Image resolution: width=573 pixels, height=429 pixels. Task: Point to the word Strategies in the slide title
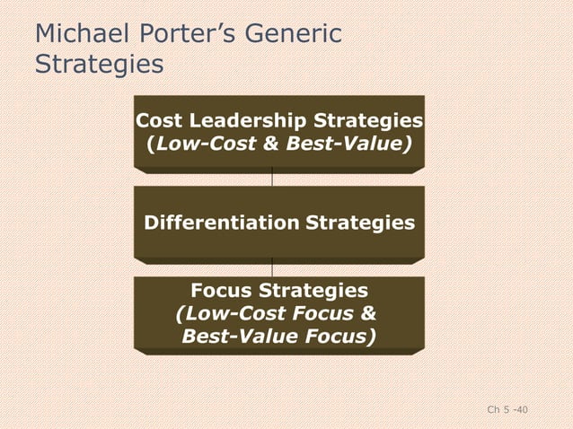[99, 66]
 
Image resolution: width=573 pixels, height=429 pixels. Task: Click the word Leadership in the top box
[237, 121]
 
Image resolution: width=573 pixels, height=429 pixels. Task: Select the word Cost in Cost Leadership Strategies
[156, 121]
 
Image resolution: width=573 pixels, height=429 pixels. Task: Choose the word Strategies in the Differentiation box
[361, 222]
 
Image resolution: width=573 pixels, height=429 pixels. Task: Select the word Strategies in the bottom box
[313, 291]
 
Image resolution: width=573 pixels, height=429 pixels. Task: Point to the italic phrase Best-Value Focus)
[279, 336]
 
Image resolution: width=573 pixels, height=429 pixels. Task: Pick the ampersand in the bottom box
[367, 313]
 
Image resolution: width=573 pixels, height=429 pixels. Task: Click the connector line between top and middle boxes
[271, 179]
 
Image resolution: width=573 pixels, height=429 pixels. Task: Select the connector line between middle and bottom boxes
[271, 267]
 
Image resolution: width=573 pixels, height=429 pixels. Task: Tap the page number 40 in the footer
[521, 410]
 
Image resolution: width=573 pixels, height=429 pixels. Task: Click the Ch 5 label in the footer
[497, 410]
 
